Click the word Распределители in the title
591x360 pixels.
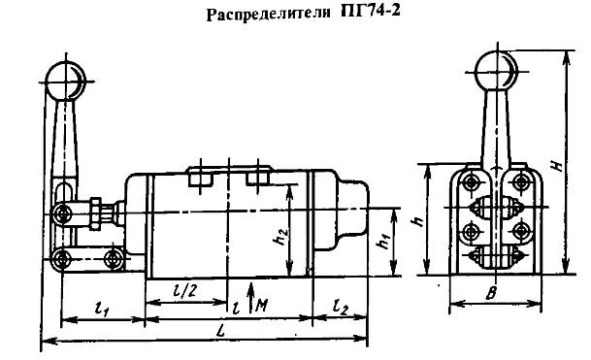pyautogui.click(x=269, y=14)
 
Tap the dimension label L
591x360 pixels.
pyautogui.click(x=221, y=332)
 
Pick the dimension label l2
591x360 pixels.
pyautogui.click(x=341, y=308)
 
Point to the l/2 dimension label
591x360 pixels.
pyautogui.click(x=184, y=291)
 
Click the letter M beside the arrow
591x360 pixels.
pyautogui.click(x=262, y=305)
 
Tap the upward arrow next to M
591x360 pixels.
pyautogui.click(x=251, y=297)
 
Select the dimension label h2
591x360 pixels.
pyautogui.click(x=282, y=237)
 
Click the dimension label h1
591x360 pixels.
pyautogui.click(x=384, y=240)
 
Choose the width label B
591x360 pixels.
pyautogui.click(x=491, y=294)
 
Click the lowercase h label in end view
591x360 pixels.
pyautogui.click(x=417, y=221)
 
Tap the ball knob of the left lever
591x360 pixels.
pyautogui.click(x=66, y=82)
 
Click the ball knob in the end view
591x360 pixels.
pyautogui.click(x=496, y=71)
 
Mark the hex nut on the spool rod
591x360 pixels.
pyautogui.click(x=94, y=213)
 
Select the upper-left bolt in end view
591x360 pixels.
pyautogui.click(x=471, y=183)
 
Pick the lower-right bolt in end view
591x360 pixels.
pyautogui.click(x=521, y=231)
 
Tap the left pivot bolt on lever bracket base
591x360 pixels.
pyautogui.click(x=61, y=259)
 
